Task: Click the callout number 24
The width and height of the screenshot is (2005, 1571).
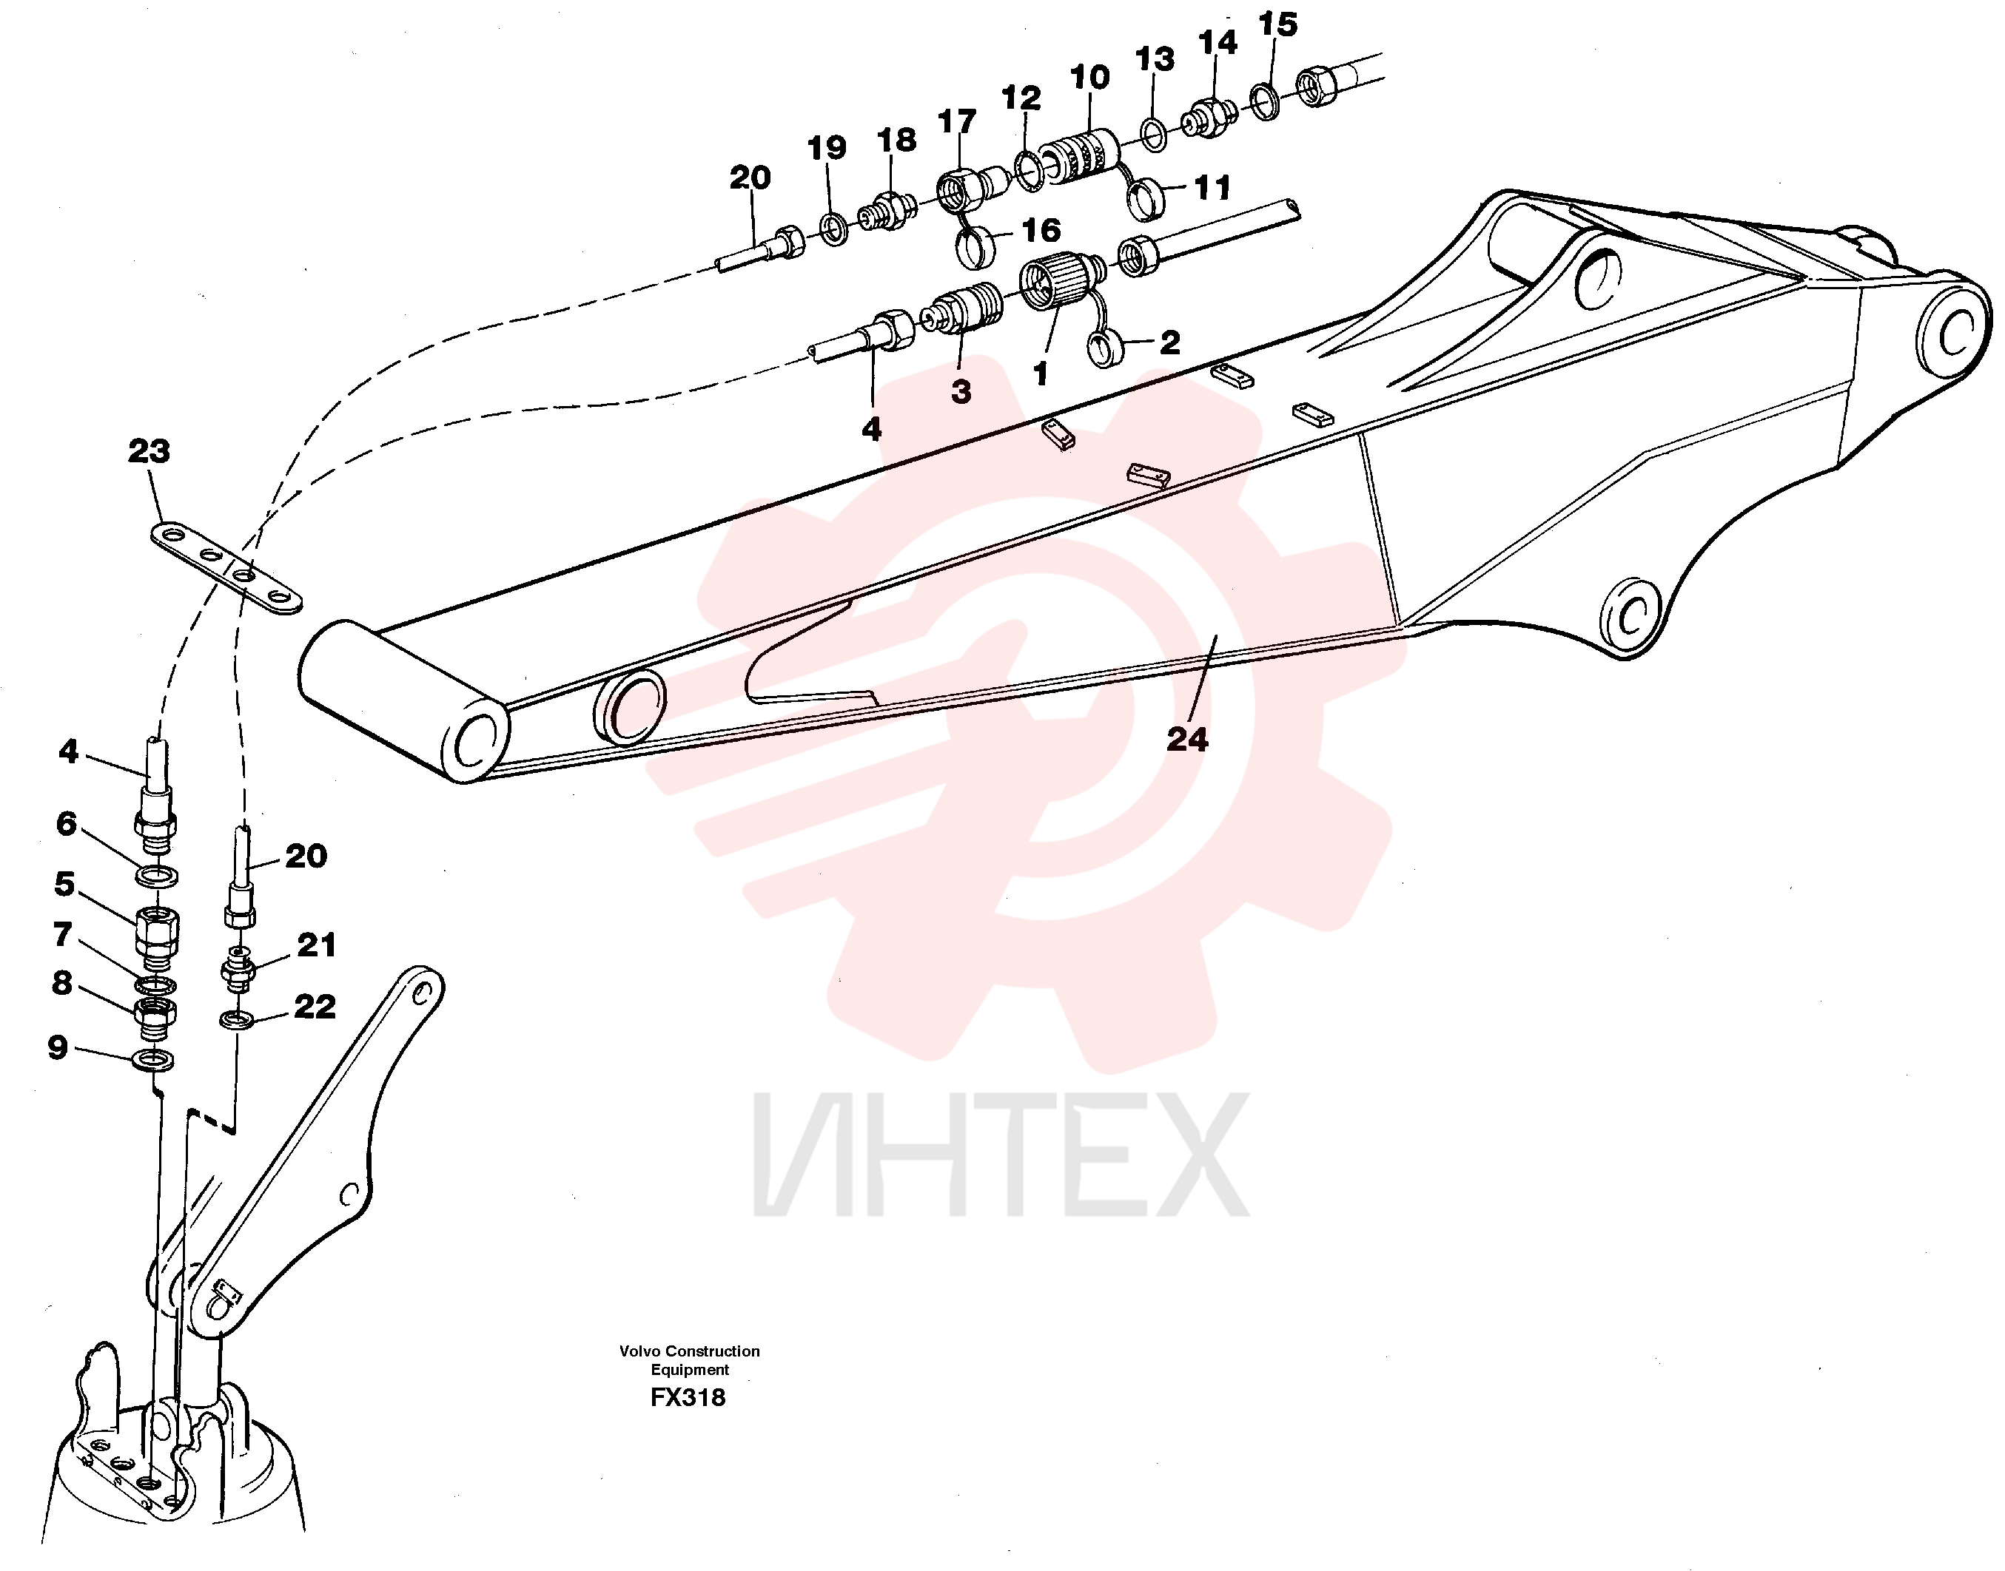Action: click(x=1187, y=740)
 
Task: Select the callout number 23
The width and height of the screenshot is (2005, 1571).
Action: click(x=149, y=452)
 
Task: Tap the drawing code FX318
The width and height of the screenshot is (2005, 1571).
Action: click(x=688, y=1398)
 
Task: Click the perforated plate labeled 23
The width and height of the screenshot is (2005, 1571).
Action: click(x=226, y=569)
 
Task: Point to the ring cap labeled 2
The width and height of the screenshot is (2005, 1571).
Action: click(x=1101, y=350)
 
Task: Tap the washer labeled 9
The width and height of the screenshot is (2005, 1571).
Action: click(x=154, y=1061)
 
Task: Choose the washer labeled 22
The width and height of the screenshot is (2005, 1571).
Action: click(x=238, y=1019)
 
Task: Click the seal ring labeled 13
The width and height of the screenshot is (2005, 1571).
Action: click(x=1153, y=133)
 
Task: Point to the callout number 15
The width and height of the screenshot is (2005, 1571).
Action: click(x=1278, y=25)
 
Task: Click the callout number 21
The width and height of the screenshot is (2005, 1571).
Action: click(x=317, y=945)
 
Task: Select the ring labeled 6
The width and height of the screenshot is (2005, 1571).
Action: click(x=158, y=875)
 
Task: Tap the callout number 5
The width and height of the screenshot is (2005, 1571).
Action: click(x=64, y=885)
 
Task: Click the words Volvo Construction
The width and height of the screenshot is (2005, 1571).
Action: click(x=689, y=1351)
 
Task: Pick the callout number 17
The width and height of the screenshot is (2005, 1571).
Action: click(x=957, y=122)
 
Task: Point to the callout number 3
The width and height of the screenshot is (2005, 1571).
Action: click(x=961, y=393)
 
